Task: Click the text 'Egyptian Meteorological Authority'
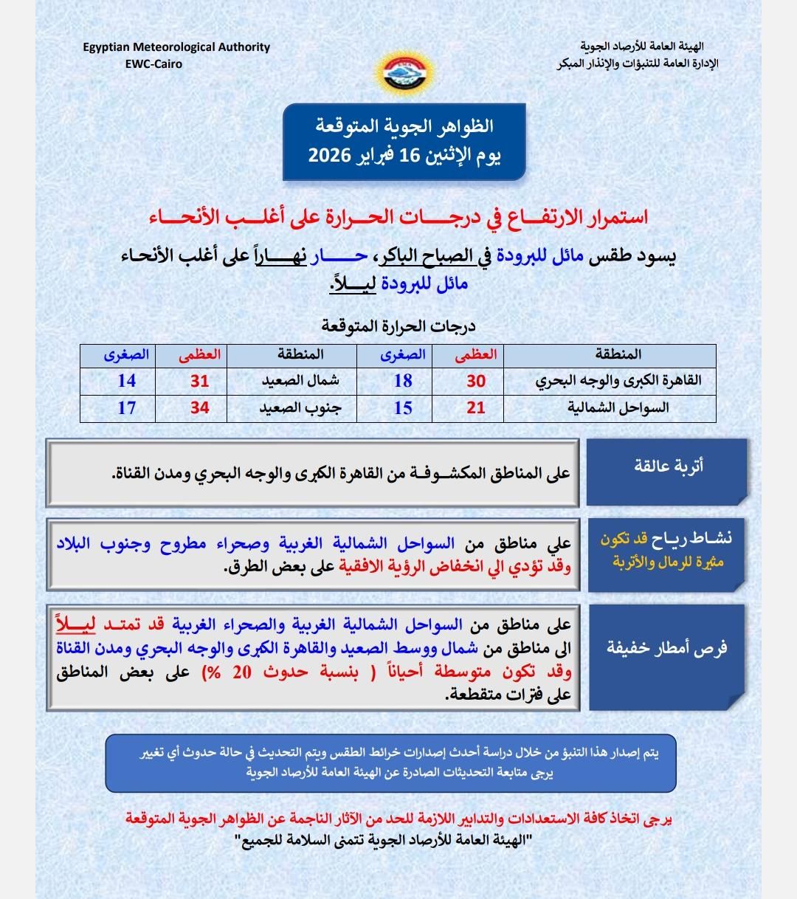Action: click(176, 47)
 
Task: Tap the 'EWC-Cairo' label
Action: click(153, 63)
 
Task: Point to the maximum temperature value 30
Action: click(476, 381)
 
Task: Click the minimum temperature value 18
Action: click(403, 381)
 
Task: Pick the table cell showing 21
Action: click(476, 407)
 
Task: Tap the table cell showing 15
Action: click(403, 407)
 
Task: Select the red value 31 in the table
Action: click(200, 381)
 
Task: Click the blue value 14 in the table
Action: click(127, 381)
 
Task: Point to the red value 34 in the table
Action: click(200, 407)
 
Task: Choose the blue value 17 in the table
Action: click(127, 407)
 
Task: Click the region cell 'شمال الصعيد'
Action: click(301, 381)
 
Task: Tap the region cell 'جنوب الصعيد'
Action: click(301, 407)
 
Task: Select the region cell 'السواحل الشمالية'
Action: click(618, 407)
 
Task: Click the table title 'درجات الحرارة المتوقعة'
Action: click(398, 325)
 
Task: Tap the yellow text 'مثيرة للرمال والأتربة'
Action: click(669, 562)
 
